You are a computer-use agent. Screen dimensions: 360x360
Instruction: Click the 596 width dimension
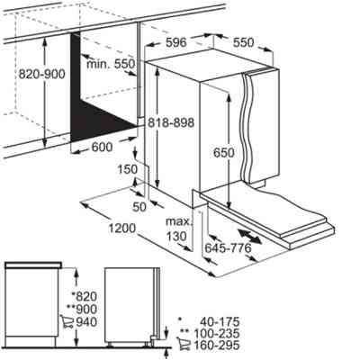click(x=176, y=42)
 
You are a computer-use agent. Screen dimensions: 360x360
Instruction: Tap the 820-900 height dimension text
click(x=41, y=74)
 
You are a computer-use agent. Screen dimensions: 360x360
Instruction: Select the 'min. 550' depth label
click(x=111, y=64)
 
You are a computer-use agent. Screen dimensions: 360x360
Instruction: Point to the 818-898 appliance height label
click(x=171, y=122)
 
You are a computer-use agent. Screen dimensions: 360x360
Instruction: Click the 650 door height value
click(x=224, y=153)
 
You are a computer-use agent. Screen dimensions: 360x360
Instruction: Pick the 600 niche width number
click(x=102, y=147)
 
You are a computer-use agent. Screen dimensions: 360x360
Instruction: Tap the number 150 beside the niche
click(x=127, y=169)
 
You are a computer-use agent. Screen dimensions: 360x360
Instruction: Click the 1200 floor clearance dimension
click(x=121, y=229)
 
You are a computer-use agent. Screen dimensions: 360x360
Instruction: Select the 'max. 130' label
click(x=179, y=229)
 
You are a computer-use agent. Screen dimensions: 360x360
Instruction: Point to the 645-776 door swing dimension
click(x=228, y=248)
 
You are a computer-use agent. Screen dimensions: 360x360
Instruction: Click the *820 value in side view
click(x=85, y=297)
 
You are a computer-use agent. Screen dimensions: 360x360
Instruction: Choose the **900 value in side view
click(x=82, y=310)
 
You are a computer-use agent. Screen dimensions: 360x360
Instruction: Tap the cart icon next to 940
click(x=67, y=321)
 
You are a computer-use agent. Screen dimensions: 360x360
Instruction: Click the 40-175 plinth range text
click(x=220, y=322)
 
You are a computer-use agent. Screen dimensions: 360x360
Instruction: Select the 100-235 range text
click(x=217, y=333)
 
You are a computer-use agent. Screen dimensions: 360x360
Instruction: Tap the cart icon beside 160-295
click(x=183, y=344)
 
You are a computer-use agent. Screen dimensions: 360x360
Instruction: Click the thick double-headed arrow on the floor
click(x=249, y=237)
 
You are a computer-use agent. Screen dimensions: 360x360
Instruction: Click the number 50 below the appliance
click(x=139, y=207)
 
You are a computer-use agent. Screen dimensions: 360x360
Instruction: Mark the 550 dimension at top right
click(x=244, y=42)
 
